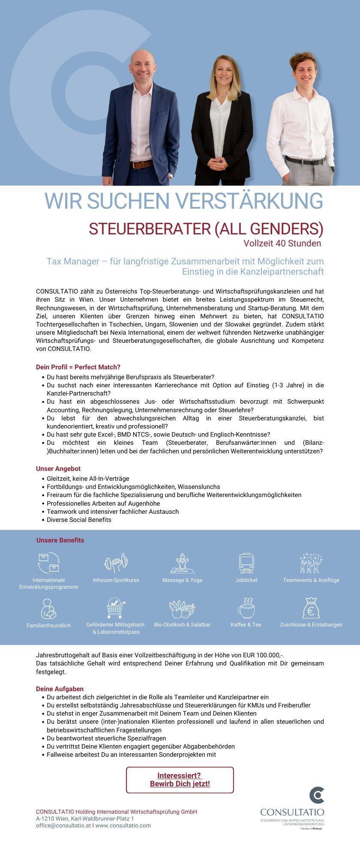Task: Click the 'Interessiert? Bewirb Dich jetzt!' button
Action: point(180,780)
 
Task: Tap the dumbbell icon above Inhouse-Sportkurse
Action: point(116,563)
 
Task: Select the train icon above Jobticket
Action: point(246,563)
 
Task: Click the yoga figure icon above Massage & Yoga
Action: point(182,563)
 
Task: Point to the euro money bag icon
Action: point(311,608)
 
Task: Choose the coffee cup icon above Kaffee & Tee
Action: point(246,608)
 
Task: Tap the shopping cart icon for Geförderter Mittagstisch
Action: point(115,608)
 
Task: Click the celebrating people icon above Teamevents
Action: point(311,563)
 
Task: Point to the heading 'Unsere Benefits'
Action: point(60,540)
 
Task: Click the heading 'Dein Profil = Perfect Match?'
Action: point(78,367)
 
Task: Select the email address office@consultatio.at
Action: point(63,826)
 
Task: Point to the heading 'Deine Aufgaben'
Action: point(60,689)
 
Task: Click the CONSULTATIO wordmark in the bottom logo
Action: point(292,812)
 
